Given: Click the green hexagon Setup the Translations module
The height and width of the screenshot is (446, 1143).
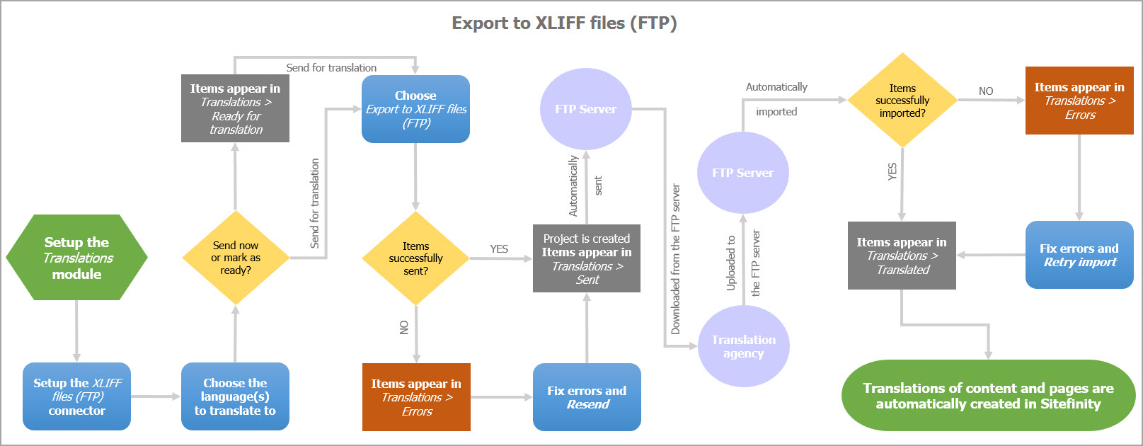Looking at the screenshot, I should pos(76,258).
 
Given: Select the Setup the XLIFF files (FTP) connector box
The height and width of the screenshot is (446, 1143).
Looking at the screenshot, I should pos(76,396).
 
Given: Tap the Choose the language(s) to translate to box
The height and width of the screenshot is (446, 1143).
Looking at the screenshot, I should pos(235,396).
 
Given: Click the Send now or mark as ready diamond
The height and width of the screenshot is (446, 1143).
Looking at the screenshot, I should pos(235,258).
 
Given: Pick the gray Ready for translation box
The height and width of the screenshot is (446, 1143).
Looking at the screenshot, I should pos(235,108).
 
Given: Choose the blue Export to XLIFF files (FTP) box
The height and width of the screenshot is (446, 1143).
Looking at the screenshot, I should pos(415,109).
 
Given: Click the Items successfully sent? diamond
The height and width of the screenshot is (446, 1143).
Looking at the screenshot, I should pos(415,258).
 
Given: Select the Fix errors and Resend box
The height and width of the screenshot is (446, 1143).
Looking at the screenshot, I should pos(587,397).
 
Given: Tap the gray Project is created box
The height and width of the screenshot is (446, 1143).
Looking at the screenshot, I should pos(587,258).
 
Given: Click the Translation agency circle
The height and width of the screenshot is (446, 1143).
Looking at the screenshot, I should pos(743,346).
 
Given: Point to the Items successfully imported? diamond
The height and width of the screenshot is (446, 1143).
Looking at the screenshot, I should pos(902,101).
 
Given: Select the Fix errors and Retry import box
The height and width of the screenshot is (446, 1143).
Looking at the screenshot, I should pos(1079,255).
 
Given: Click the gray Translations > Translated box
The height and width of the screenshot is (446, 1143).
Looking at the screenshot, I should pos(902,256).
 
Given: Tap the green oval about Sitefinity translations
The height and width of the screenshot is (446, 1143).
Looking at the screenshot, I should pos(988,396).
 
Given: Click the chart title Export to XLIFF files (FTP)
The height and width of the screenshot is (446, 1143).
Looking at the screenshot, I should pos(564,23).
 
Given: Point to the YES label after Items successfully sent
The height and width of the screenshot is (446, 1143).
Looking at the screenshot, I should pos(499,249).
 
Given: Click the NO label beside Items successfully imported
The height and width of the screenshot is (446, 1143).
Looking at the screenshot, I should pos(986,91).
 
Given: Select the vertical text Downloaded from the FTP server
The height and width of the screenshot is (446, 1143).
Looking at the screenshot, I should pos(676,259).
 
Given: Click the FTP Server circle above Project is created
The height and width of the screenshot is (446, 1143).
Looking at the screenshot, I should pos(586,109).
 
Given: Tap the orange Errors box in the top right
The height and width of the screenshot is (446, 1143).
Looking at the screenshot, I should pos(1079,101).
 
